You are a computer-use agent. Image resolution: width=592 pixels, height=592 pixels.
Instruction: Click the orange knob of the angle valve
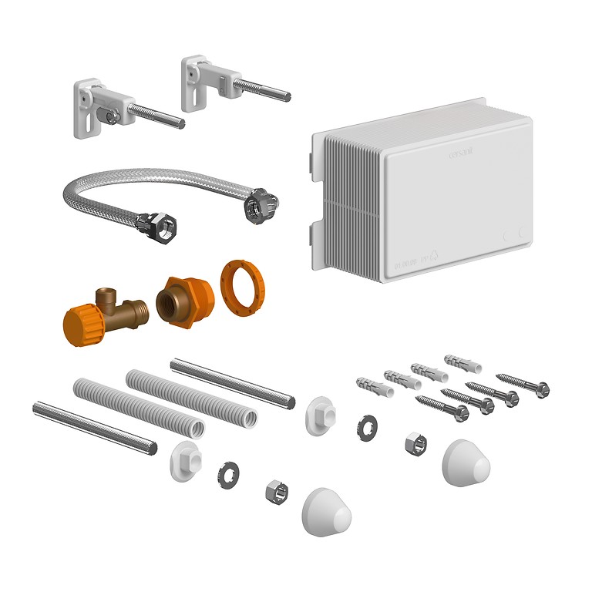click(80, 323)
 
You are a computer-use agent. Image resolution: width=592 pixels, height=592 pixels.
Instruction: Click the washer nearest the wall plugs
click(366, 427)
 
